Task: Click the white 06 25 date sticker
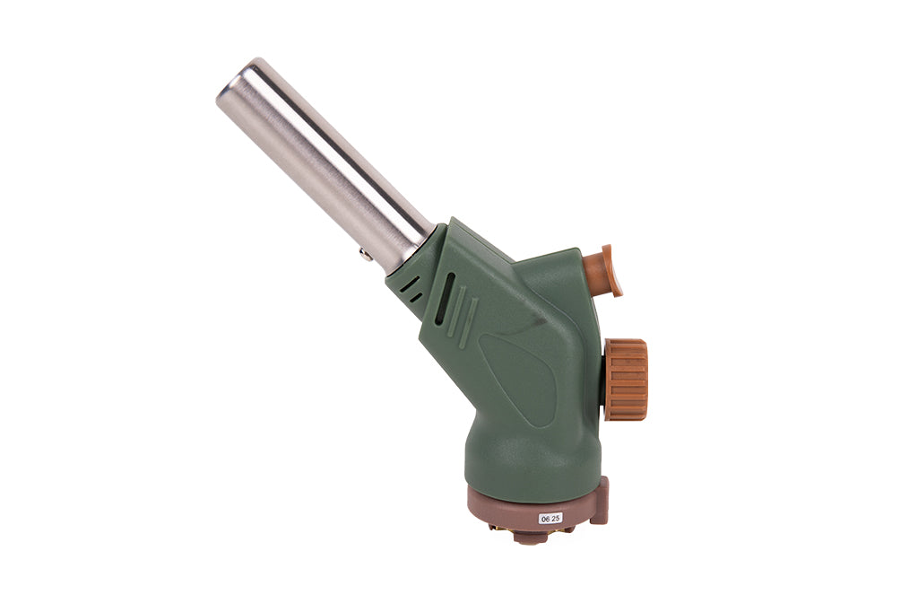coord(550,518)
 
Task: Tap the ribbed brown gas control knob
coord(625,380)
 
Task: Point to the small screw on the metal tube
coord(366,255)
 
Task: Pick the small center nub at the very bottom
coord(531,538)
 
